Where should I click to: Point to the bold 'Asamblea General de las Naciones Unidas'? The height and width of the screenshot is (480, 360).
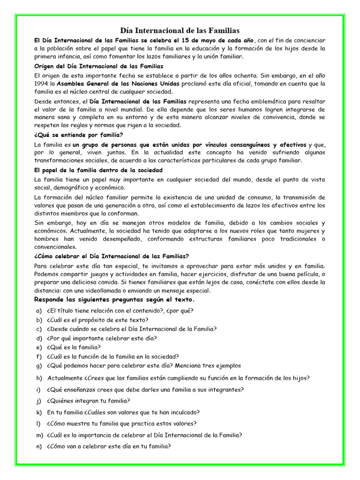point(116,83)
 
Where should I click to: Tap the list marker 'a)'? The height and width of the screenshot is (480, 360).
point(38,311)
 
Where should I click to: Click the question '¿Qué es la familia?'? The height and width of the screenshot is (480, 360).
point(74,347)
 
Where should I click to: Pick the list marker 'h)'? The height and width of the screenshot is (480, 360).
point(38,378)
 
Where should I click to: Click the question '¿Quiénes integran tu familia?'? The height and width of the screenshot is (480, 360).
point(88,401)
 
